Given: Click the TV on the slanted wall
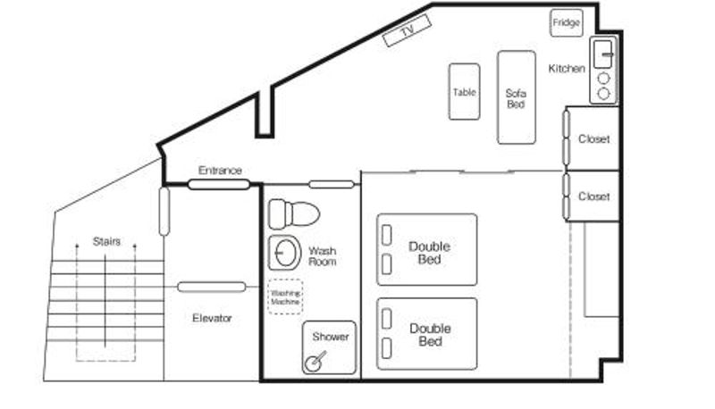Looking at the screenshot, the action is pos(407,30).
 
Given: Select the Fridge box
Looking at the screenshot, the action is pos(567,23).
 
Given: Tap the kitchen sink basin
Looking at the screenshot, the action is pos(602,54).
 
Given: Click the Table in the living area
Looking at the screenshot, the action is pos(464,92).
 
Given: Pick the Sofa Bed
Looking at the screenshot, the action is pos(517,97).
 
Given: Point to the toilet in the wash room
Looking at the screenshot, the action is pos(294,213).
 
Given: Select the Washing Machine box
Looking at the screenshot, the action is pos(285,297).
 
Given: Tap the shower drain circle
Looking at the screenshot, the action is pos(313,363).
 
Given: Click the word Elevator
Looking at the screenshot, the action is pos(212,318).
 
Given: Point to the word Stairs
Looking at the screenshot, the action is pos(106,241).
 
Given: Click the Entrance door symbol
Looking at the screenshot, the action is pos(219,185).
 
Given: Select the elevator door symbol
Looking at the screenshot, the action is pos(212,287).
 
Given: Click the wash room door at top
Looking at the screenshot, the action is pos(332,185).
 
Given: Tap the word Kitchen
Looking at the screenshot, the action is pos(567,69).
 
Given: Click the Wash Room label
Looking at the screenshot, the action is pos(323,256).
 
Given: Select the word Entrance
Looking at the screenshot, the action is pos(220,171).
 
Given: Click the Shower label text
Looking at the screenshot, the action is pos(331,337).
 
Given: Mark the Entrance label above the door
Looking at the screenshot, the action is pos(220,171).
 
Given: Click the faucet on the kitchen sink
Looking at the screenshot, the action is pos(608,54).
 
